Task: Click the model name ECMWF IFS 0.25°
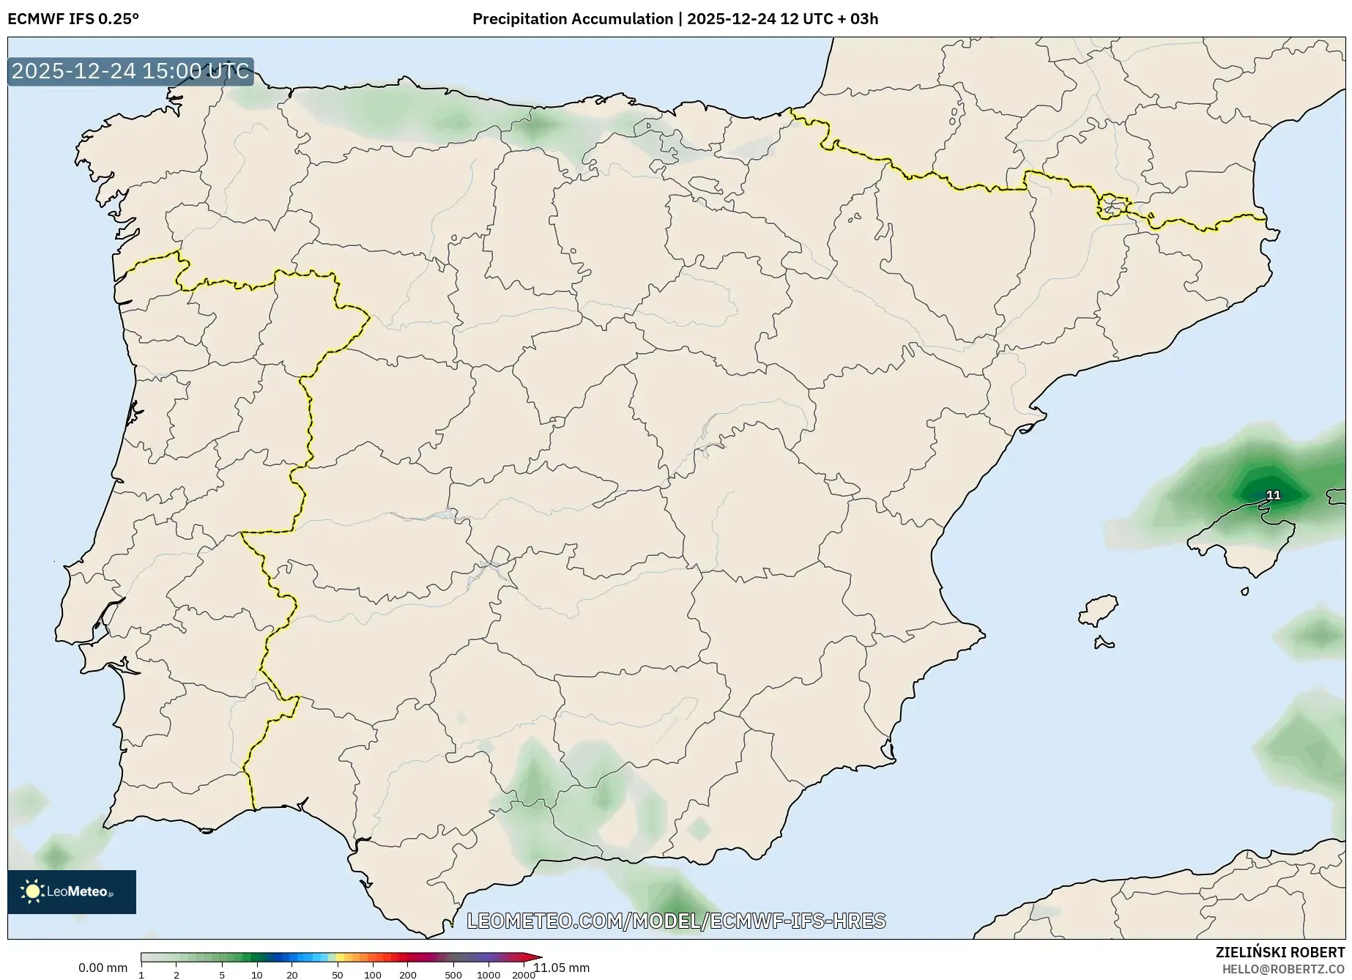pos(73,19)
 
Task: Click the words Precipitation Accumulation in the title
pos(572,19)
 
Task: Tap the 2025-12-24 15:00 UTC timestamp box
pos(130,72)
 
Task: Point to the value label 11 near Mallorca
pos(1274,495)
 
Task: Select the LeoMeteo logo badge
pos(72,891)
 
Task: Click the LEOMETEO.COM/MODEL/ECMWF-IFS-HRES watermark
pos(676,921)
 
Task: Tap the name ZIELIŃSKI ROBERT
pos(1279,952)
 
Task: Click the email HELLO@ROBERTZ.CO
pos(1283,968)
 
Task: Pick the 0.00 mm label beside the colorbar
pos(103,968)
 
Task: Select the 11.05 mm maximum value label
pos(561,968)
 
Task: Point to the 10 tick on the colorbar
pos(256,975)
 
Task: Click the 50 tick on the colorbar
pos(337,975)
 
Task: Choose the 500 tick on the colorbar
pos(453,975)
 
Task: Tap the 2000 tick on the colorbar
pos(523,975)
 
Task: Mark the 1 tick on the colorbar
pos(141,975)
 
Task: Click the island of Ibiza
pos(1099,609)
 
